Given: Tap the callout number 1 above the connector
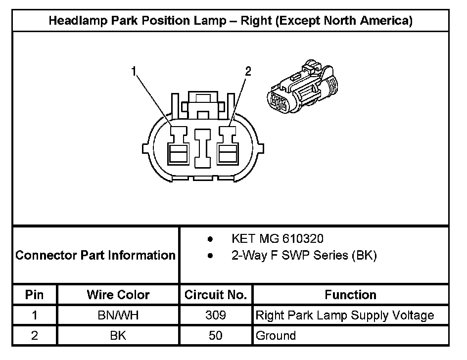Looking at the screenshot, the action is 134,72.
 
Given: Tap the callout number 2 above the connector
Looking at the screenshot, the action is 248,72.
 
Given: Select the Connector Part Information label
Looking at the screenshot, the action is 95,255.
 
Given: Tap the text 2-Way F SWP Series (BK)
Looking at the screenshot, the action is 304,256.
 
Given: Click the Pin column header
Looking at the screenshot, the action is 35,295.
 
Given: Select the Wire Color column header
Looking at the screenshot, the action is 118,295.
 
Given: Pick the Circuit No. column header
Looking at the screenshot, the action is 215,295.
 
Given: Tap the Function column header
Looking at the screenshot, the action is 350,295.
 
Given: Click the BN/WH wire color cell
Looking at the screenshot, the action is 118,315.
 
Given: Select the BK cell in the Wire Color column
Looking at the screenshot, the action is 118,335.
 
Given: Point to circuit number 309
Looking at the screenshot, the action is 215,315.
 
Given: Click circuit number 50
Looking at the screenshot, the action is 215,335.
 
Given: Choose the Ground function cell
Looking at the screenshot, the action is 276,335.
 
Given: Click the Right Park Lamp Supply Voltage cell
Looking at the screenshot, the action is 345,315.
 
